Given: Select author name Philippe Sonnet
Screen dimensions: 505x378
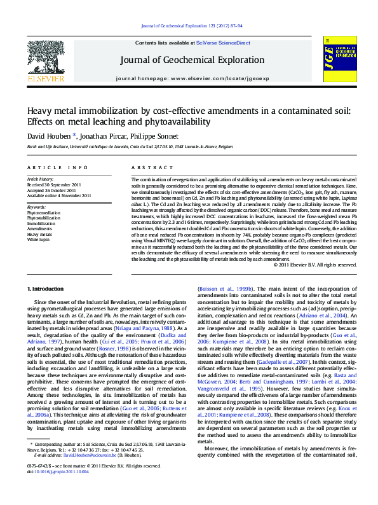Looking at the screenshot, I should [156, 135].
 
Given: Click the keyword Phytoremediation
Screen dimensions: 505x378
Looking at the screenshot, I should [42, 212].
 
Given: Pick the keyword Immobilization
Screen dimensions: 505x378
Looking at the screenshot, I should [41, 224].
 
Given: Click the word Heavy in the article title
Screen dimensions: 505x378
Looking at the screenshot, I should [41, 110].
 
